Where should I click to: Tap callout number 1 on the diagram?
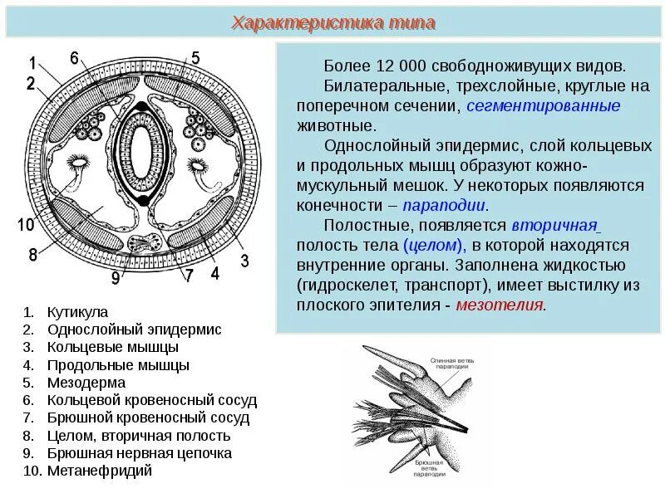pyautogui.click(x=32, y=64)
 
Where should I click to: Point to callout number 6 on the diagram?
pyautogui.click(x=74, y=57)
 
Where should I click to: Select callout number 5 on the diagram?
pyautogui.click(x=195, y=57)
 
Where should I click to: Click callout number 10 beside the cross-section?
pyautogui.click(x=25, y=224)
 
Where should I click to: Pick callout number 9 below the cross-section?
pyautogui.click(x=116, y=279)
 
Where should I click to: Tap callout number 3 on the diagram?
pyautogui.click(x=244, y=261)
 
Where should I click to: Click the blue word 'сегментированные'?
pyautogui.click(x=544, y=106)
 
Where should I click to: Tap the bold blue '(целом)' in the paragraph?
pyautogui.click(x=433, y=245)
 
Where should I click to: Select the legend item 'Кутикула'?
pyautogui.click(x=78, y=312)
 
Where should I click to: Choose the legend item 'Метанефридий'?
pyautogui.click(x=100, y=471)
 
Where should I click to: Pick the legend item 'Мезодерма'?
pyautogui.click(x=86, y=383)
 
